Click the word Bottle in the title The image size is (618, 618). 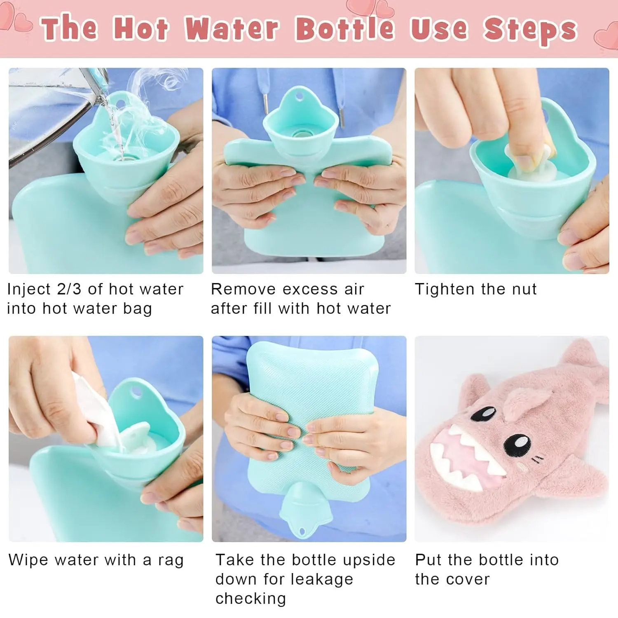(x=344, y=28)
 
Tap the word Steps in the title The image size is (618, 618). (x=530, y=30)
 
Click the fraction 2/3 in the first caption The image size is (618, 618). (x=69, y=289)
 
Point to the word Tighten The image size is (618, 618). (x=445, y=289)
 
